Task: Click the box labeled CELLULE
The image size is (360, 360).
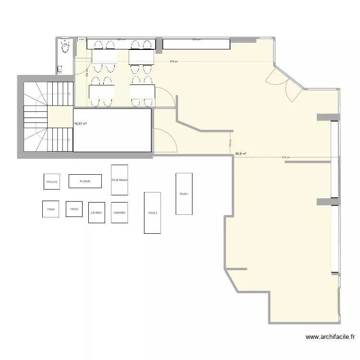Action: [x=52, y=182]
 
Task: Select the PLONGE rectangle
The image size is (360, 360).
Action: [x=85, y=181]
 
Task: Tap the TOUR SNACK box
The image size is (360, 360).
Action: [x=120, y=180]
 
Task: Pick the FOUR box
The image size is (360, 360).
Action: [x=51, y=209]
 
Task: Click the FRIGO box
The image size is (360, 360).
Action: [x=74, y=209]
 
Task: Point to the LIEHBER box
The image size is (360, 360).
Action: [x=96, y=212]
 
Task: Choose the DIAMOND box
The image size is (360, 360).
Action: [x=120, y=212]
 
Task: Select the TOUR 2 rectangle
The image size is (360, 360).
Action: [x=152, y=213]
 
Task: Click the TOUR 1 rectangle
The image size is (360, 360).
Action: [x=184, y=194]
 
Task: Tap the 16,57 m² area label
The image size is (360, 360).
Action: [x=80, y=124]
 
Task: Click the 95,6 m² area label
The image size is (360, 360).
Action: [x=240, y=154]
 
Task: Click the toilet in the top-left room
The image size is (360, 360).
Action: [x=65, y=46]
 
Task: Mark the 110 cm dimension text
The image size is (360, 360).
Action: [x=230, y=144]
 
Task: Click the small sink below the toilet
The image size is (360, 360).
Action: [x=60, y=69]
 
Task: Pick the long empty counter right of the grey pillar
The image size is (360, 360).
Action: [x=196, y=44]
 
